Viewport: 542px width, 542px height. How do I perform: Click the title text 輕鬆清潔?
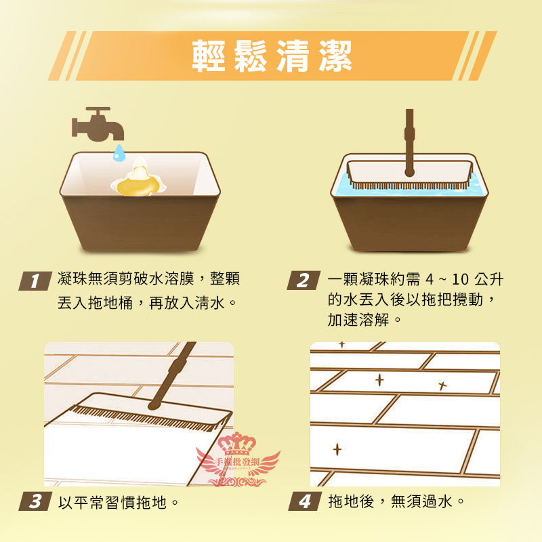click(272, 56)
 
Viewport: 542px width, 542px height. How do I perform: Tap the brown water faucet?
click(98, 124)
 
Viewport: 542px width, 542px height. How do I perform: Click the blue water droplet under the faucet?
click(119, 152)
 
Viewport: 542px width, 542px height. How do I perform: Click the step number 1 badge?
click(35, 280)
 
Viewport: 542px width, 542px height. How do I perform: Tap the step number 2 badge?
click(303, 280)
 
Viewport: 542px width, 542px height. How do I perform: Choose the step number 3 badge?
click(35, 501)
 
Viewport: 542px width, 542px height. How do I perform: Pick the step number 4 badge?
click(304, 501)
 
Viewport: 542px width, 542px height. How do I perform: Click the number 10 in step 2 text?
click(460, 279)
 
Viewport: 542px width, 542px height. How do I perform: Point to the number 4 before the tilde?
click(430, 279)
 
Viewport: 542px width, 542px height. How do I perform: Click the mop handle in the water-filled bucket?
click(410, 143)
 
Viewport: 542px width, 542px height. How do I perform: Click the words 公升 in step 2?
click(488, 279)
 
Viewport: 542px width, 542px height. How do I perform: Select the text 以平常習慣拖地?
click(112, 502)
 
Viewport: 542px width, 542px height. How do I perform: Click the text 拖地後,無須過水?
click(390, 501)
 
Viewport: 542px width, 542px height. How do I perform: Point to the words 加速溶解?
click(358, 320)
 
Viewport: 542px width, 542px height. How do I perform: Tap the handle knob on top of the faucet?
click(98, 109)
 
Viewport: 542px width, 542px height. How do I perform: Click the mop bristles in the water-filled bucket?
click(409, 185)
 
